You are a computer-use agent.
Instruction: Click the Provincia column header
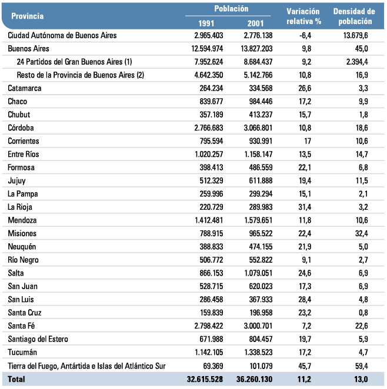click(x=27, y=16)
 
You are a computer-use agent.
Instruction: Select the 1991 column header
click(x=206, y=24)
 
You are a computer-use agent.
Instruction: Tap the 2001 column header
click(x=255, y=24)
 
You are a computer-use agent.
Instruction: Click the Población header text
click(x=231, y=9)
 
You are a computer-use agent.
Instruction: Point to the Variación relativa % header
click(x=303, y=16)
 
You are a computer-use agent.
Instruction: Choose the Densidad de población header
click(x=354, y=16)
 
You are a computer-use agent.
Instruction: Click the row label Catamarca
click(x=25, y=88)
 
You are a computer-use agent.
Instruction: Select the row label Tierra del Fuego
click(x=86, y=366)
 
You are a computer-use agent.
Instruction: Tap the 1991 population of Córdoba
click(x=209, y=128)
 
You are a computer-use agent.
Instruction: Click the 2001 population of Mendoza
click(x=258, y=220)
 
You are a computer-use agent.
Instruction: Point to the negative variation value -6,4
click(x=305, y=35)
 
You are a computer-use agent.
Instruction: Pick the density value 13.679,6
click(x=355, y=35)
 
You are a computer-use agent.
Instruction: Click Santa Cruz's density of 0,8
click(x=363, y=313)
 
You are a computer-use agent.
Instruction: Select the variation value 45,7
click(x=305, y=366)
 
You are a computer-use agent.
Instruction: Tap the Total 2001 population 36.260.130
click(x=254, y=379)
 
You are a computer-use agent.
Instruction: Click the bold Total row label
click(x=16, y=379)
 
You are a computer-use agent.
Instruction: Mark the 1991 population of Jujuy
click(x=211, y=180)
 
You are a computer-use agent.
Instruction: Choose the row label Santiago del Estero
click(x=38, y=339)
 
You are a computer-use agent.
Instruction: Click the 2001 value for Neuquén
click(x=261, y=247)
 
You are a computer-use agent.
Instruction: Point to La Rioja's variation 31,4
click(x=305, y=207)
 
